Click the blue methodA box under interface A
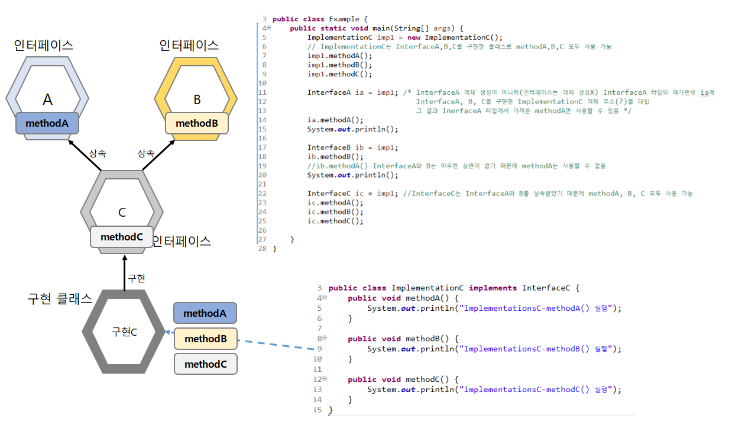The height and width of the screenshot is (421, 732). point(47,123)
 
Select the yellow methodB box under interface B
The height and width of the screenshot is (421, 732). point(197,123)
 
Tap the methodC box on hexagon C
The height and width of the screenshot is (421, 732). point(122,237)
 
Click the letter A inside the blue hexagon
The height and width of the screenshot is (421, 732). point(47,99)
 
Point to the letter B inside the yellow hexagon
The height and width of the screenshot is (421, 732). point(197,100)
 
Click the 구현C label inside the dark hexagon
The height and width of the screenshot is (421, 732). point(124,332)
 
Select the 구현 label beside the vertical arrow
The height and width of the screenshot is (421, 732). point(137,278)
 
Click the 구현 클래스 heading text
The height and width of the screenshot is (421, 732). point(60,299)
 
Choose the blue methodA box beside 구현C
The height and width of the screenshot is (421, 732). point(205,313)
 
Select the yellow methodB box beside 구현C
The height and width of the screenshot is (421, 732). point(205,339)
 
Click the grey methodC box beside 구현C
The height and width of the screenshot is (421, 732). point(205,364)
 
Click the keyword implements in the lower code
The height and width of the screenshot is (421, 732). point(493,288)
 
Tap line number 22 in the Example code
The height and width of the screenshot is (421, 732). point(263,194)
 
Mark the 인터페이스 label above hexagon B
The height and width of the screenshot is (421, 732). point(189,45)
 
